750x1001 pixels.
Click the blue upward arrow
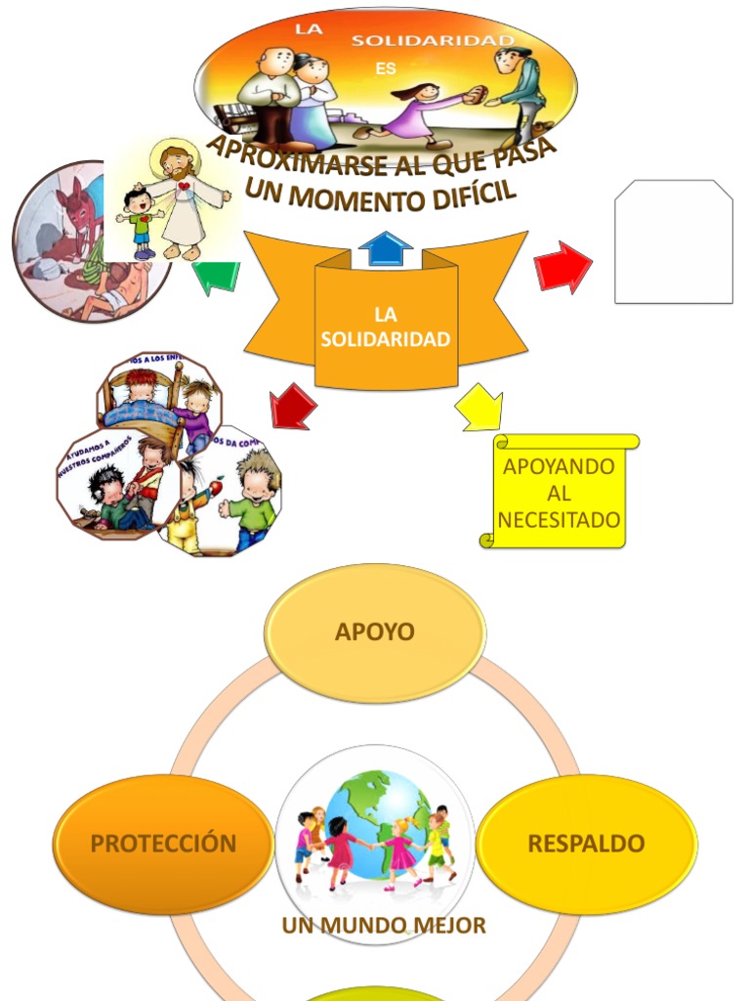click(x=387, y=249)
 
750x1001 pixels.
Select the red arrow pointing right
click(x=563, y=268)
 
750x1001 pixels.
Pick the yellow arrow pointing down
click(x=479, y=408)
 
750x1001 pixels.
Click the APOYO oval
click(x=375, y=631)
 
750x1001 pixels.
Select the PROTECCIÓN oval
click(x=163, y=844)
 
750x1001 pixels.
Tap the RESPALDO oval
click(x=586, y=844)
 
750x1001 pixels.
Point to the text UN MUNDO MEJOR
click(x=384, y=925)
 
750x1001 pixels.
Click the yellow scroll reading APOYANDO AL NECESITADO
click(x=559, y=492)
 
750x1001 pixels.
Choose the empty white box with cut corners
click(x=673, y=241)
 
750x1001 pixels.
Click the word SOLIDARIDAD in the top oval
click(x=432, y=40)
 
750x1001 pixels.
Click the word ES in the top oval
click(x=386, y=69)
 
